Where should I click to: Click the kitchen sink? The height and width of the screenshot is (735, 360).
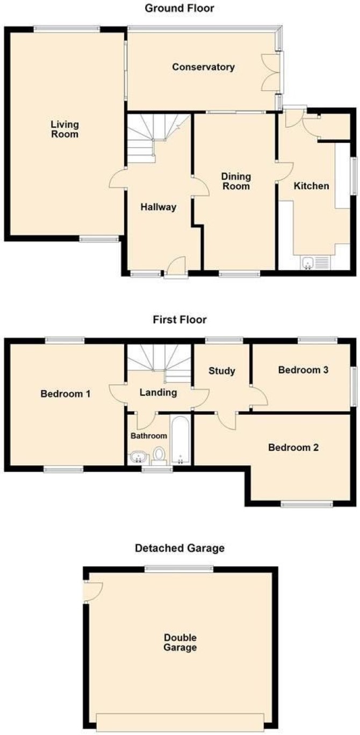(x=315, y=263)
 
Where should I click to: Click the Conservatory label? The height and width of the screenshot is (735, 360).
(x=203, y=67)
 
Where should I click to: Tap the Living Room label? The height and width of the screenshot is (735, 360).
(x=64, y=129)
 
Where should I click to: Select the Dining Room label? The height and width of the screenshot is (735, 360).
(x=236, y=182)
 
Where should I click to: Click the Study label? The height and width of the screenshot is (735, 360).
(x=222, y=371)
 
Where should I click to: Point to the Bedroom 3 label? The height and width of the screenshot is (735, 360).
(x=303, y=370)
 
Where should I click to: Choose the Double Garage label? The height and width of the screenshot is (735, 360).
(x=180, y=643)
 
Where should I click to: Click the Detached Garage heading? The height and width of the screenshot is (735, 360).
(x=180, y=548)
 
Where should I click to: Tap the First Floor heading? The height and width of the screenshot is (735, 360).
(x=180, y=320)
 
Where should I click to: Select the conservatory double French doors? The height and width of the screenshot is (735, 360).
(x=271, y=73)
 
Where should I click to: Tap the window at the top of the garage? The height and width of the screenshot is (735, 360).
(x=179, y=568)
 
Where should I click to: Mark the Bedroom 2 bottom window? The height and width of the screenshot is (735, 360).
(x=306, y=503)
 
